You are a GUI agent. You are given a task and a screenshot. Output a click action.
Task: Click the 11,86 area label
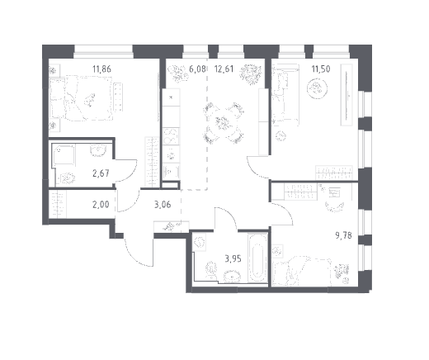point(101,69)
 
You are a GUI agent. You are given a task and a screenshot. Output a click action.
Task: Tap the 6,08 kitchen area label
point(197,69)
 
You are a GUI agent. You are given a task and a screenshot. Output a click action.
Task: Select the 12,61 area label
point(224,69)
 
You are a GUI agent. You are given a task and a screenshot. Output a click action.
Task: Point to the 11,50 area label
point(321,69)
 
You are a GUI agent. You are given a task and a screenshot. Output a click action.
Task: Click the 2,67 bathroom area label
point(101,173)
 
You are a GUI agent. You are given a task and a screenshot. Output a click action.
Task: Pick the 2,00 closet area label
point(101,205)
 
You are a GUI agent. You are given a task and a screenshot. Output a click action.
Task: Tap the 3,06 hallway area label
point(163,205)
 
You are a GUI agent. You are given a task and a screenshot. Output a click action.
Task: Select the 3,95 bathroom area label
point(233,258)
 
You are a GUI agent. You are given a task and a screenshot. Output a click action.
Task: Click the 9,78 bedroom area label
point(343,235)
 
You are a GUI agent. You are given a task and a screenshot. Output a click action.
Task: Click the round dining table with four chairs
point(224,123)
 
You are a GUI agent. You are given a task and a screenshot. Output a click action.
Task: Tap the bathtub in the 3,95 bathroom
point(257,258)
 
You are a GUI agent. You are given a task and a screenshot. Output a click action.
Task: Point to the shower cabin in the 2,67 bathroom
point(64,155)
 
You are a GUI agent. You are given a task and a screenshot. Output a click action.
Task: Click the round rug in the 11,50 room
point(317,88)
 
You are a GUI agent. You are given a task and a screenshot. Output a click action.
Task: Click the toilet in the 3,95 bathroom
point(211,269)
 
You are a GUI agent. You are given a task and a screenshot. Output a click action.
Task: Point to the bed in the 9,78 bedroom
point(302,271)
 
